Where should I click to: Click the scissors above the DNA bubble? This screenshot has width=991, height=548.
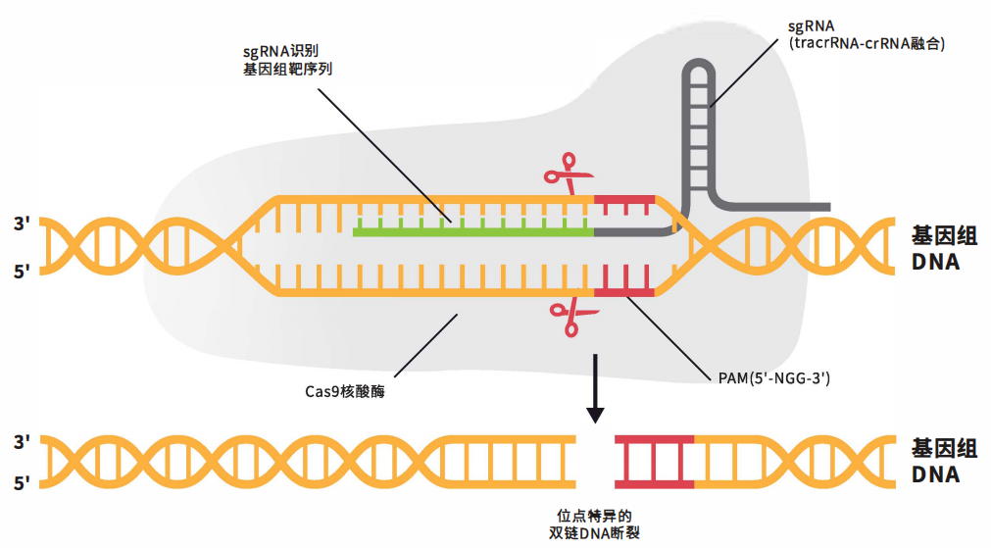pos(569,174)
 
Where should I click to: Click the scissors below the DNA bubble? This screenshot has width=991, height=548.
pos(573,317)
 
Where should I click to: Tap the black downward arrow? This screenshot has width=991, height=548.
pos(595,388)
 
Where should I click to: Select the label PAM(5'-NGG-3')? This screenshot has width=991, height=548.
pos(773,378)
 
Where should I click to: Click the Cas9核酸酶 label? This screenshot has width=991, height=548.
pos(344,391)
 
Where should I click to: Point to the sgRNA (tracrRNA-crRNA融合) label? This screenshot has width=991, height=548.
pos(866,34)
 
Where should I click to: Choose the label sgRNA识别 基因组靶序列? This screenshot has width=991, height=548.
pos(287,60)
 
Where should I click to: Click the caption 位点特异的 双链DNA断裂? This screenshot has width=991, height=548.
pos(594,523)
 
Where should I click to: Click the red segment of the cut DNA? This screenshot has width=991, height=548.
pos(654,462)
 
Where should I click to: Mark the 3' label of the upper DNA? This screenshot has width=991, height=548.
pos(23,224)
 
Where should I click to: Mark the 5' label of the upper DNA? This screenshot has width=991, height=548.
pos(23,272)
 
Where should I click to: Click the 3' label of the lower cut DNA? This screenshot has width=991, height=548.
pos(23,442)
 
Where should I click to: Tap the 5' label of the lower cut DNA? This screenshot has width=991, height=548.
pos(23,483)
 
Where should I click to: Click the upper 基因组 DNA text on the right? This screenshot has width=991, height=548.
pos(944,248)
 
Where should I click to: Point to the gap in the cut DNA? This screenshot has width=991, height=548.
pos(595,462)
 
